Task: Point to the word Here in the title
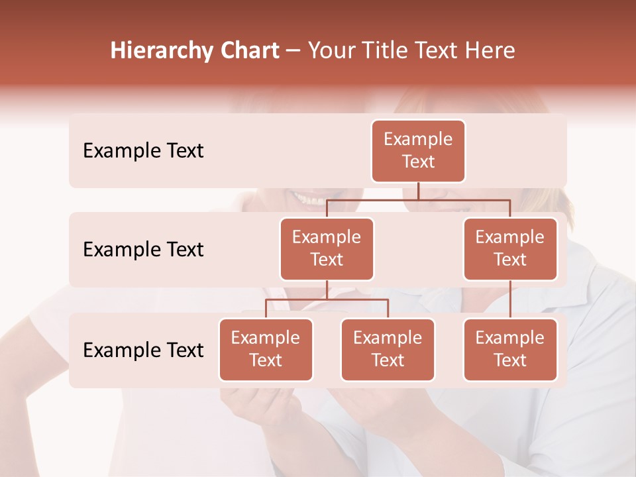point(490,51)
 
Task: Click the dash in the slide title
point(293,52)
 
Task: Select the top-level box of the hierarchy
point(418,150)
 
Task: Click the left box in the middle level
point(327,248)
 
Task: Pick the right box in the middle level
point(510,248)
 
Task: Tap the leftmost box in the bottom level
point(266,349)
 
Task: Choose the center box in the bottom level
point(388,349)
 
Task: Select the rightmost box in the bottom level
point(510,349)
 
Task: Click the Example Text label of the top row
point(143,151)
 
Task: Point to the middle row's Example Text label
point(143,250)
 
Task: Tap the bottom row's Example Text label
point(143,350)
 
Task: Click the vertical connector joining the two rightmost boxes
point(510,299)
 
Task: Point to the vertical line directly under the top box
point(418,191)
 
